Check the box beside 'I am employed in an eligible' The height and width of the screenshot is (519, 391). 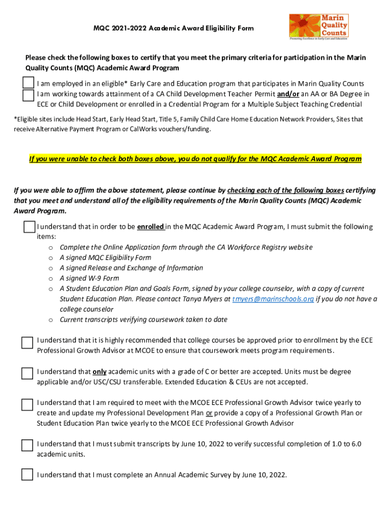click(x=28, y=83)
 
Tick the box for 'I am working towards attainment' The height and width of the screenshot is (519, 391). click(x=28, y=95)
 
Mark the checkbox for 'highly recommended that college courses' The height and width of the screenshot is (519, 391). click(x=27, y=343)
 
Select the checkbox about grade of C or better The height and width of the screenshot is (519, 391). click(x=27, y=374)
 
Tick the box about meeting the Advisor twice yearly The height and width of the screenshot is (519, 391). click(x=27, y=405)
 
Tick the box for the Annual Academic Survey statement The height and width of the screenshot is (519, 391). click(x=27, y=475)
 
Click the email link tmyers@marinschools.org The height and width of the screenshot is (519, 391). click(x=273, y=299)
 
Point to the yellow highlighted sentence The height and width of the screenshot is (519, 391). click(x=195, y=159)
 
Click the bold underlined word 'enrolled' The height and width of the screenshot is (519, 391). click(x=150, y=227)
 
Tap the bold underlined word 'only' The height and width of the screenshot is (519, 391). click(x=100, y=372)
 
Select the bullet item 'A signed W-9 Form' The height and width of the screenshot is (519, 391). click(x=89, y=278)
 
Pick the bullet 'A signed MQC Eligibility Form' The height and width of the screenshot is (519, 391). click(x=105, y=257)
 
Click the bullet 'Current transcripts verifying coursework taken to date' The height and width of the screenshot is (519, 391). click(x=143, y=319)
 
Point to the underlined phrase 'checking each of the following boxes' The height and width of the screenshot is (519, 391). click(x=286, y=191)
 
